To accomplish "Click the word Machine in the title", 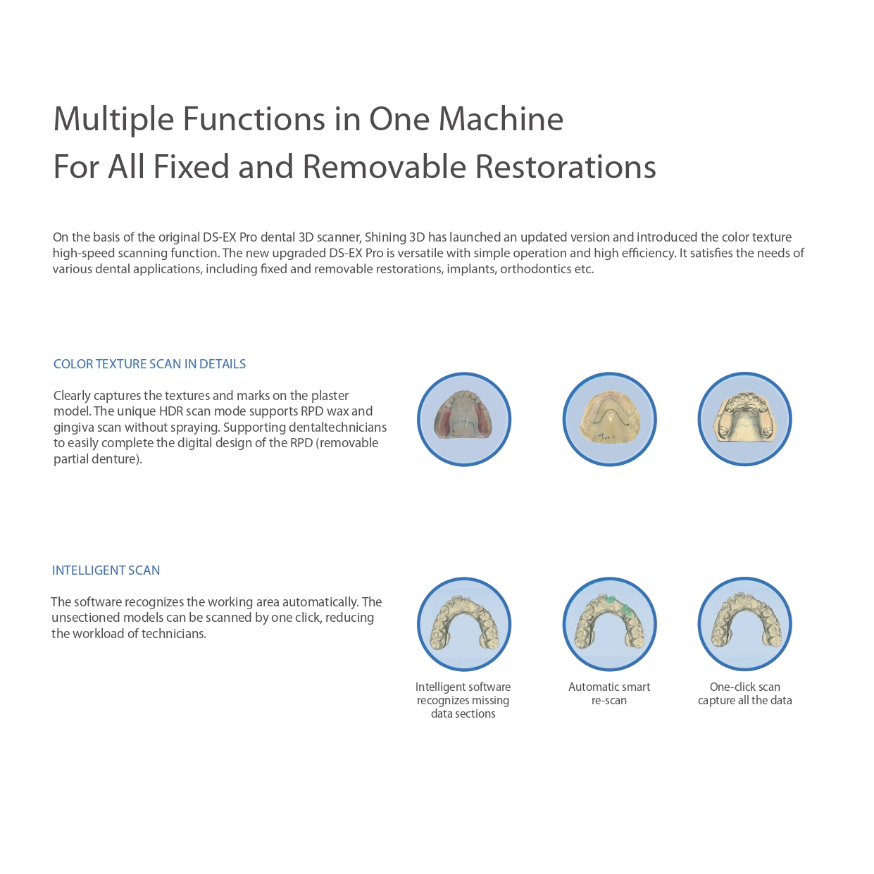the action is coord(501,119).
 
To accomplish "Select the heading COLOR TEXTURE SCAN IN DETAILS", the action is coord(149,364).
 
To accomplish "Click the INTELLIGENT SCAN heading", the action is coord(106,570).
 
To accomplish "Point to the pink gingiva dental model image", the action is coord(464,420).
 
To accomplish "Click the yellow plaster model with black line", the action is coord(610,420).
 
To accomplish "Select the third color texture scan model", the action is coord(744,420).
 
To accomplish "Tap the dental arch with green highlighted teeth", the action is coord(610,624).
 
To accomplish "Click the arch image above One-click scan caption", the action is coord(744,624).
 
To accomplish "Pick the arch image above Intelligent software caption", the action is coord(464,624).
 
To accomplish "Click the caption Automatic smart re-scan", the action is coord(609,694).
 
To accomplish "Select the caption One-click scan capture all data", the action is coord(744,694).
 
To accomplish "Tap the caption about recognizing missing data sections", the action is coord(463,700).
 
